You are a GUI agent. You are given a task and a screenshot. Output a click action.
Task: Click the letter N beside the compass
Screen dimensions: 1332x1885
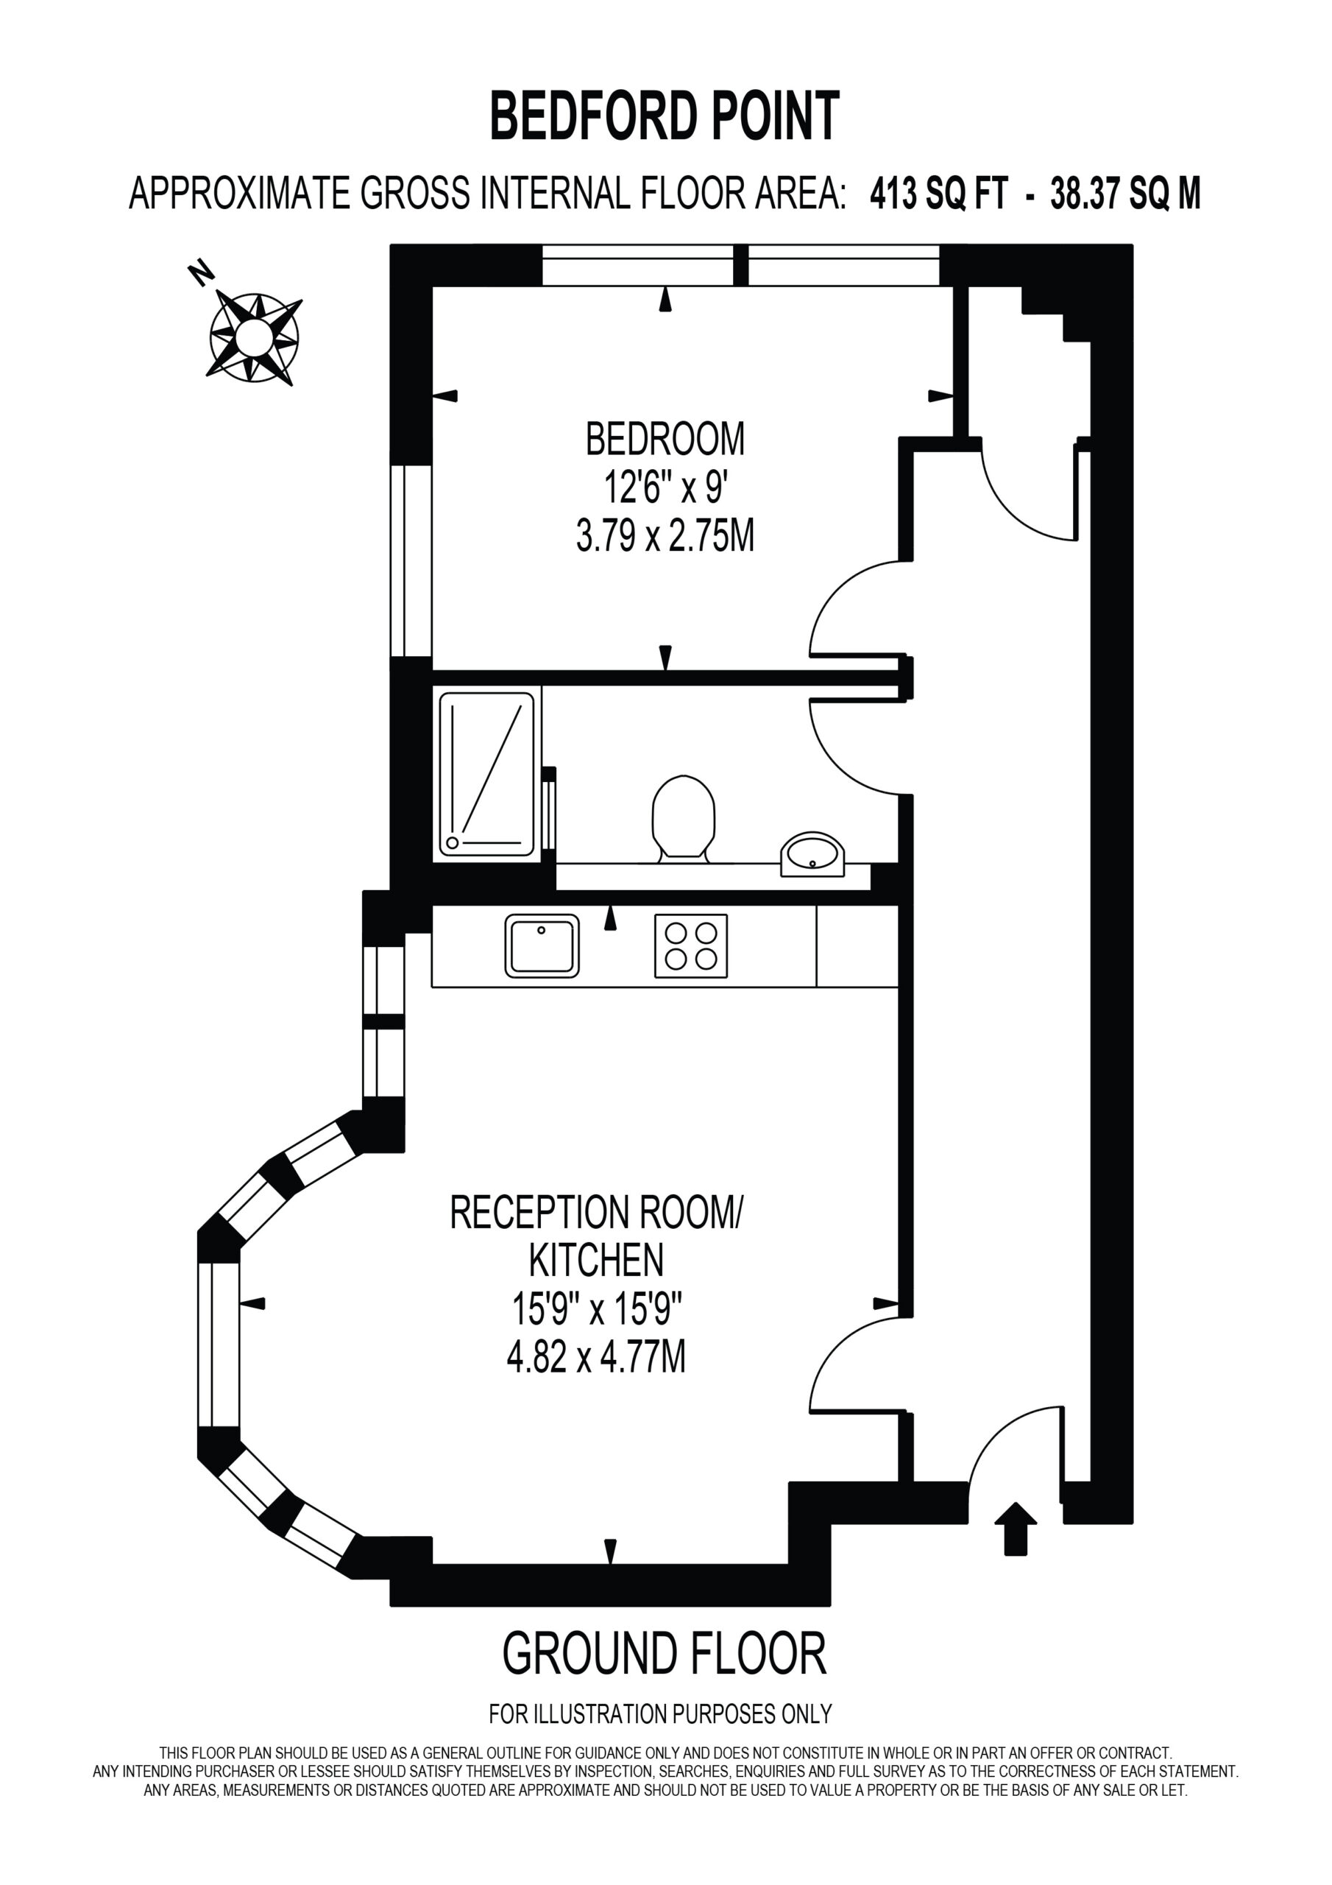(200, 272)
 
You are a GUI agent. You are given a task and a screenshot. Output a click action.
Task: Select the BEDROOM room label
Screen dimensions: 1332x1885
(665, 440)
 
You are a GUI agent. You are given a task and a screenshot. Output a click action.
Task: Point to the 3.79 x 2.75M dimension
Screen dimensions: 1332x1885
(665, 538)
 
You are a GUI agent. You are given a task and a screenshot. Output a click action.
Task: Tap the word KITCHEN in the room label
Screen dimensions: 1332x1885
(596, 1259)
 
